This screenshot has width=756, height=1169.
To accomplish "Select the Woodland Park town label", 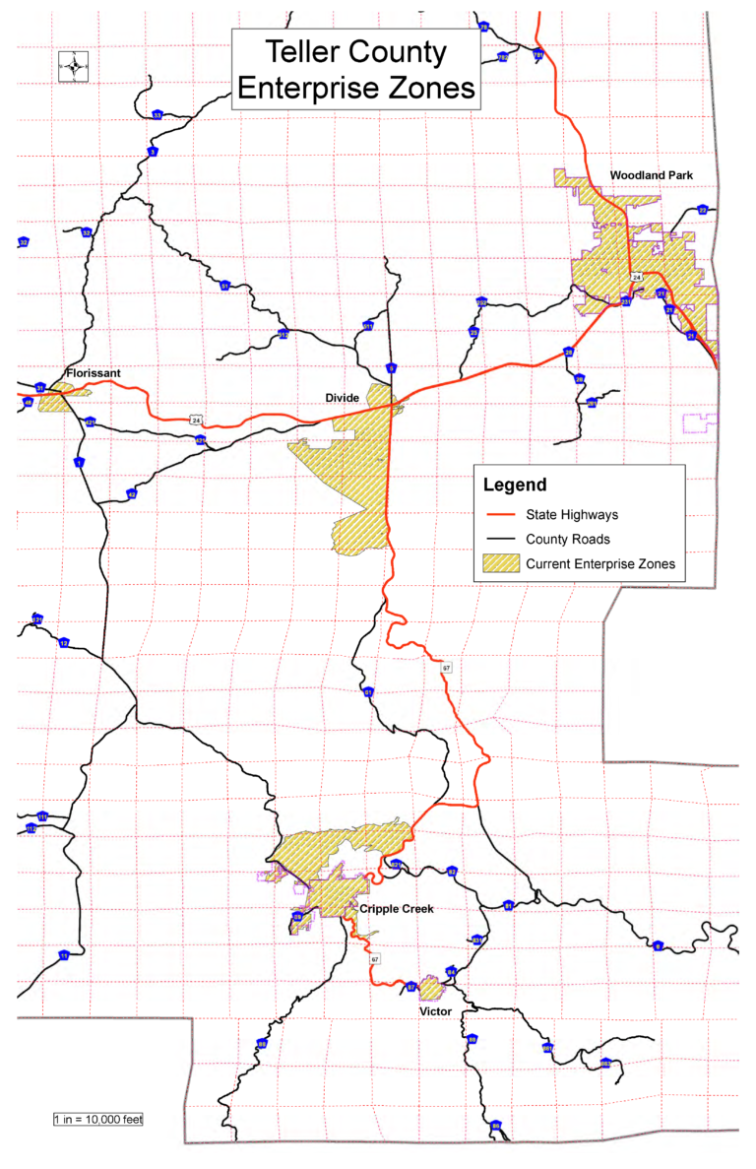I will click(x=651, y=174).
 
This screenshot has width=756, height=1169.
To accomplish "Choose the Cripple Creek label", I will click(x=396, y=908).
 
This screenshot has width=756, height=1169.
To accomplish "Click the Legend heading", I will click(x=515, y=486).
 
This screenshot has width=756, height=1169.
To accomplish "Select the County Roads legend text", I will click(x=568, y=539).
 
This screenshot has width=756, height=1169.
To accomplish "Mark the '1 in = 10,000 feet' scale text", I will click(x=98, y=1120).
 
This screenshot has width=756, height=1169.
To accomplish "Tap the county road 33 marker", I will click(x=157, y=115).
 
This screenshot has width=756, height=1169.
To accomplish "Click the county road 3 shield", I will click(x=153, y=152).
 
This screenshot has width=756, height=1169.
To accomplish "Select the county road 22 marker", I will click(x=703, y=210).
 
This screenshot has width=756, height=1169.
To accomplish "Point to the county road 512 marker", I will click(x=283, y=334).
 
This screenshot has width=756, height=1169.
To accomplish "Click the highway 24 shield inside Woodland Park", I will click(x=637, y=278).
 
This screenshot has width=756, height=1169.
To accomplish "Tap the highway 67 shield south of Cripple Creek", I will click(x=376, y=957).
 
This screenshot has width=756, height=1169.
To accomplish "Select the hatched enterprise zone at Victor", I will click(x=430, y=988).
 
